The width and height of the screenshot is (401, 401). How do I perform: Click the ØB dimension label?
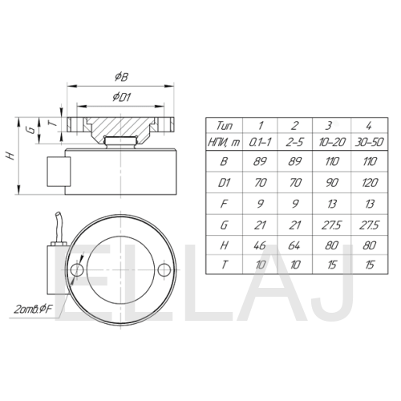[122, 77]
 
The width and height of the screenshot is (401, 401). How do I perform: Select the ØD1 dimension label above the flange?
[122, 97]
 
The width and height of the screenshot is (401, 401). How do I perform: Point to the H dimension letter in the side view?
[10, 156]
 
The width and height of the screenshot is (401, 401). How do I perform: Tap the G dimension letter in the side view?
[31, 130]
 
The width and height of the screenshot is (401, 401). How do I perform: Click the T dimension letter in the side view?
[54, 124]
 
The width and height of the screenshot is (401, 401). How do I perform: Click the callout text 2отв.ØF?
[33, 310]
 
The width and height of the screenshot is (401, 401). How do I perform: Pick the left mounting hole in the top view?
[77, 269]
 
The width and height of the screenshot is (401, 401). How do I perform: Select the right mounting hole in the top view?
[164, 269]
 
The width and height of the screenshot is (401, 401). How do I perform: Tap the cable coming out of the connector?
[59, 227]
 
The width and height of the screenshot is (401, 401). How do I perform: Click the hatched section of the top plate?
[122, 127]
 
